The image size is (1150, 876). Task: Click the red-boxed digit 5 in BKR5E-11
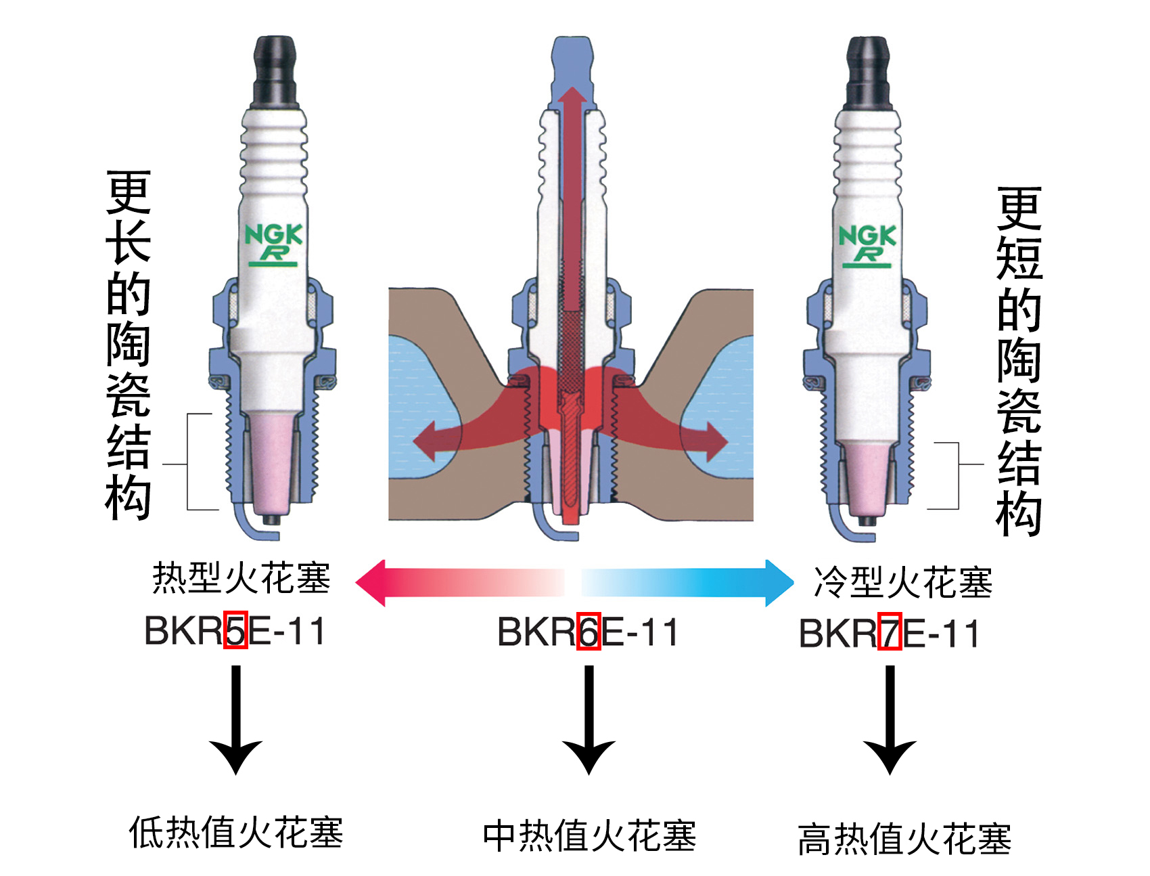coord(235,630)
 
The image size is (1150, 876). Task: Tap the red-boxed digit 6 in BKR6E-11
coord(589,632)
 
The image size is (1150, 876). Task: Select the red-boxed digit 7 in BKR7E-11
coord(890,633)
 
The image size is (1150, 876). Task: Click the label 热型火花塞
coord(241,578)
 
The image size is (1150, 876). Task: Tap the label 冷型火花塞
coord(903,582)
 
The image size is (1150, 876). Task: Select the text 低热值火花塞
coord(236,832)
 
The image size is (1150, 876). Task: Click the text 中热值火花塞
coord(589,836)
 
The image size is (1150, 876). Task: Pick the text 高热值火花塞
coord(904,839)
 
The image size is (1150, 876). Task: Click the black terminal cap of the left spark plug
coord(275,71)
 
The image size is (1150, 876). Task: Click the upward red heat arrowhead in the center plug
coord(574,98)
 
